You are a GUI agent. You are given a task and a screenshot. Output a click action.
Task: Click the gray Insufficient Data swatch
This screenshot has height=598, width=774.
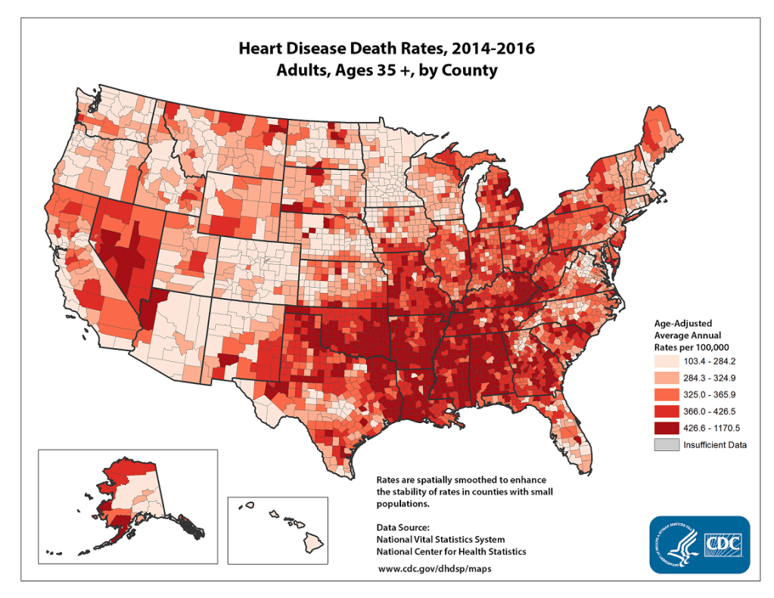(667, 444)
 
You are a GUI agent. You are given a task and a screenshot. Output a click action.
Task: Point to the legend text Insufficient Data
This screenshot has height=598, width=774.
(715, 445)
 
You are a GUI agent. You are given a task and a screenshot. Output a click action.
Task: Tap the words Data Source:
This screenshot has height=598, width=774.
(403, 526)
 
